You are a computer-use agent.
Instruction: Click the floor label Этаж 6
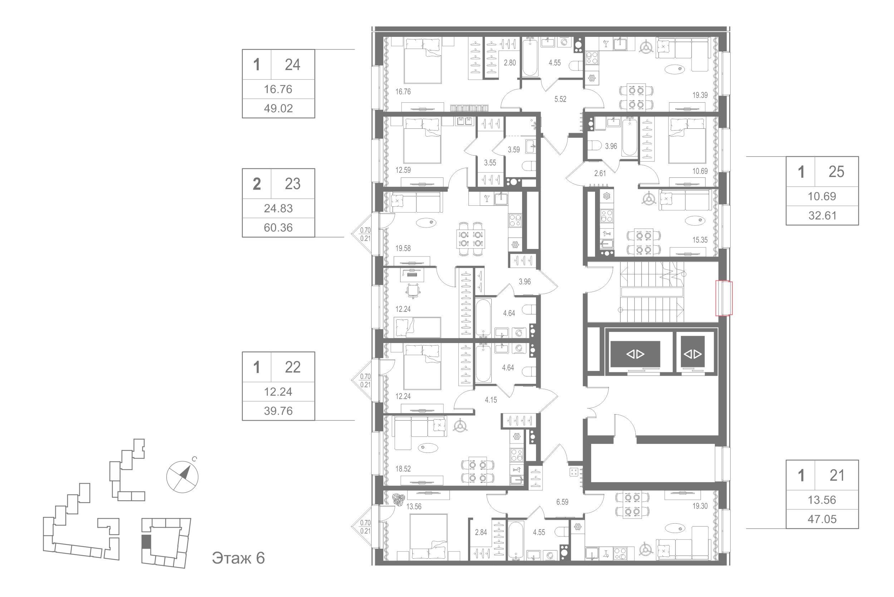point(238,558)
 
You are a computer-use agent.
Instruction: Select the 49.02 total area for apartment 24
point(278,108)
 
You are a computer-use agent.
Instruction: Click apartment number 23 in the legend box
point(292,184)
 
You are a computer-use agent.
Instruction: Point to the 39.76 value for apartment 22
point(278,411)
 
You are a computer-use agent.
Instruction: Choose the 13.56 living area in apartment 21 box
point(822,500)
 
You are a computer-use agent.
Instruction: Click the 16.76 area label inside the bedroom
point(403,92)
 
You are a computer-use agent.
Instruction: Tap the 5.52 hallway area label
point(560,99)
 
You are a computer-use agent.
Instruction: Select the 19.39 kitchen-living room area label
point(700,95)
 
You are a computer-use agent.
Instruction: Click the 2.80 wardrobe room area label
point(510,63)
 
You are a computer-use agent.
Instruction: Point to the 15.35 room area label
point(700,240)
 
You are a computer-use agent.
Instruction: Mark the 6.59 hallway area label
point(562,502)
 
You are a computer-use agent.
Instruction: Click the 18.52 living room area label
point(403,469)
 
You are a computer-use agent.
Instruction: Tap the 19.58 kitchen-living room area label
point(403,248)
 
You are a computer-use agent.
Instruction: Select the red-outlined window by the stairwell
point(724,298)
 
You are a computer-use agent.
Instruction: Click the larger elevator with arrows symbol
point(635,354)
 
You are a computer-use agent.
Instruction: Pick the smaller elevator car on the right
point(693,354)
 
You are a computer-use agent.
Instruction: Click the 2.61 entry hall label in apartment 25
point(600,173)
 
